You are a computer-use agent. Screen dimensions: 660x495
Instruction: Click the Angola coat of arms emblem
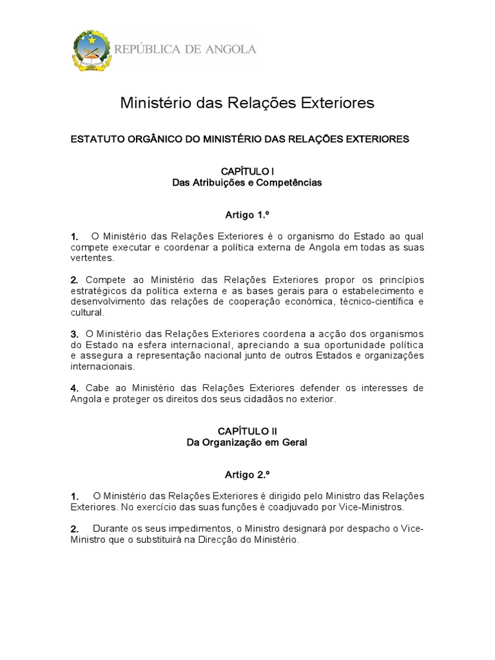pos(92,50)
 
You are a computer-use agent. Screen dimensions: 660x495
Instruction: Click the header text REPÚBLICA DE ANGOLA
pos(186,49)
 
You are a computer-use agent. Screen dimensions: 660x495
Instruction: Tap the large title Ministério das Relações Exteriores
pos(247,103)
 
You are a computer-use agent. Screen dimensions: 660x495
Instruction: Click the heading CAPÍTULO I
pos(247,171)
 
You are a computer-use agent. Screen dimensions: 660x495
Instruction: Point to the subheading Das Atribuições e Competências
pos(247,182)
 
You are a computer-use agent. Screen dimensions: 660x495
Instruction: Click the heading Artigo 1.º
pos(247,215)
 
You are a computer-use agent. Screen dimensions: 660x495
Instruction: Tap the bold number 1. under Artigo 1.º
pos(75,237)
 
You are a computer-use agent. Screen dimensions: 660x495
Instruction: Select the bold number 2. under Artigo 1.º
pos(75,280)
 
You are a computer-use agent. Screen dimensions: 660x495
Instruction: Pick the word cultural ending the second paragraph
pos(86,312)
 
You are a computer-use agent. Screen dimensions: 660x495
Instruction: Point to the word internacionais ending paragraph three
pos(102,366)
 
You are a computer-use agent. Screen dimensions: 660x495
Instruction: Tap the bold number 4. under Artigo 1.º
pos(75,388)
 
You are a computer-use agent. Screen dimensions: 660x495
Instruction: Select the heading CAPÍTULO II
pos(247,431)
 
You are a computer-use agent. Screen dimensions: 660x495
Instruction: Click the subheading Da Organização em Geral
pos(247,442)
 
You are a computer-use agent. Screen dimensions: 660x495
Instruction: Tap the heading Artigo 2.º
pos(247,474)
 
